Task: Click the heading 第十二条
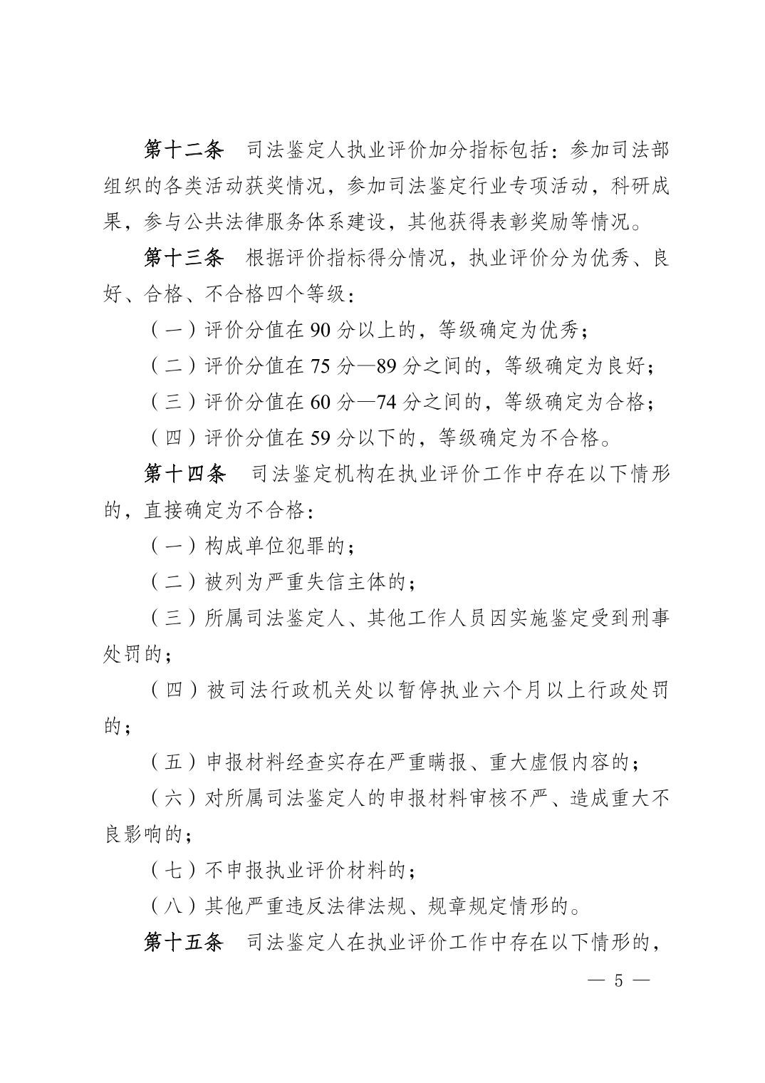[184, 150]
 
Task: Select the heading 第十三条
[184, 257]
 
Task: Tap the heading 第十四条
[184, 474]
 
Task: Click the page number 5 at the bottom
[618, 980]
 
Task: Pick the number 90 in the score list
[321, 331]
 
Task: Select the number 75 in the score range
[321, 366]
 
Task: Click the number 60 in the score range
[321, 402]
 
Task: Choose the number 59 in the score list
[321, 437]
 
